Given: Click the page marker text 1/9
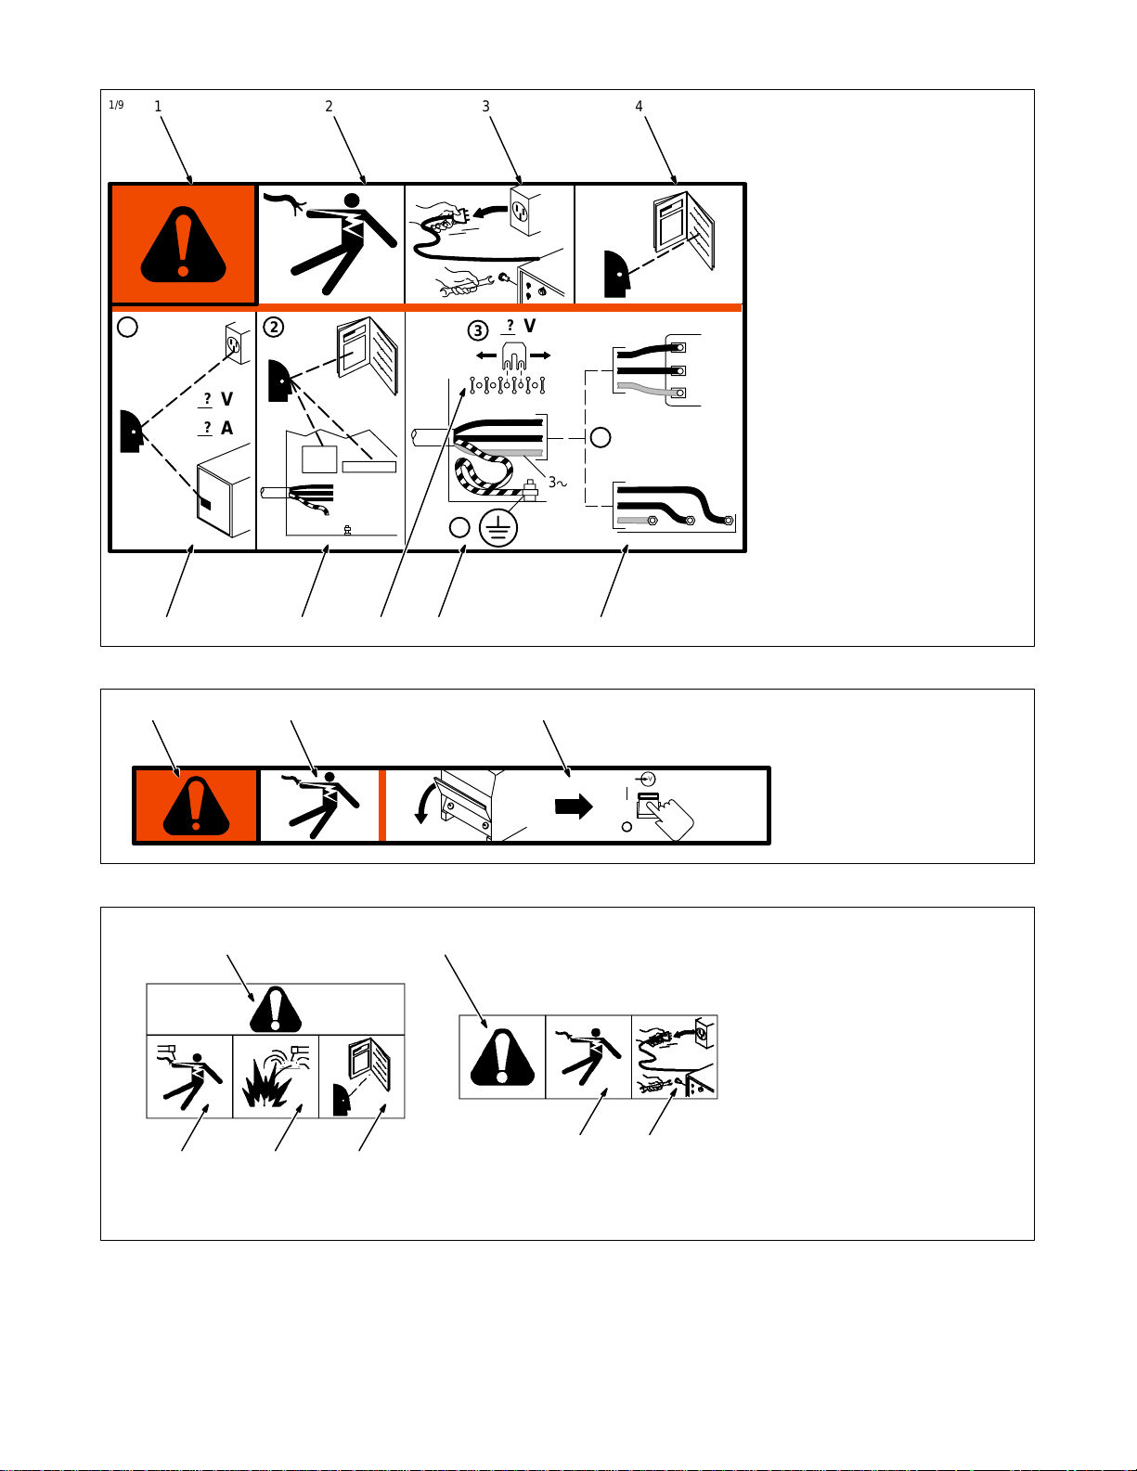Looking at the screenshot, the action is pos(116,105).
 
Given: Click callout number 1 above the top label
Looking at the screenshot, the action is pos(158,107).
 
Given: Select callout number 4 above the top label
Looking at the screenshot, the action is pos(639,107).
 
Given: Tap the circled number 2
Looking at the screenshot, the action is pos(274,328).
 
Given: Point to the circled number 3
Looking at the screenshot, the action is pos(478,330).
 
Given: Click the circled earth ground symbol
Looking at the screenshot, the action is pos(498,528).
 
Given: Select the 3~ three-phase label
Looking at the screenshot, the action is pos(558,482).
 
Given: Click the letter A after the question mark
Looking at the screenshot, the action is pos(226,428).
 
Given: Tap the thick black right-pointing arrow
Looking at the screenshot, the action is pos(574,806).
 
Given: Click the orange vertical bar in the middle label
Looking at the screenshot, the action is pos(382,806).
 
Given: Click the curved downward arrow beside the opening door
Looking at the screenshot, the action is pos(425,803).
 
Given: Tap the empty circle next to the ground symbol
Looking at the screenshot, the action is pos(459,527).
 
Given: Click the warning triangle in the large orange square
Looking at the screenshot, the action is pos(183,244).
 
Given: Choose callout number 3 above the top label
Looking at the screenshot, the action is pos(485,107).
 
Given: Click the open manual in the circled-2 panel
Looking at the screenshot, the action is pos(368,355).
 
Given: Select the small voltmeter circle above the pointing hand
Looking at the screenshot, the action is pos(649,779).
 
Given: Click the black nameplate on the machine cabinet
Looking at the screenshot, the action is pos(204,504).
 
